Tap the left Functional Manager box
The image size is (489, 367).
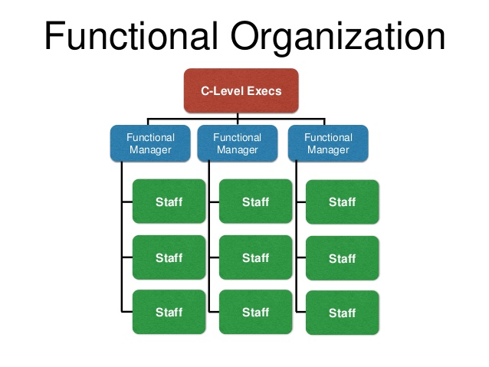pyautogui.click(x=151, y=143)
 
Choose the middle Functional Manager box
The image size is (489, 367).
pyautogui.click(x=237, y=143)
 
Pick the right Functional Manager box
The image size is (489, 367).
pyautogui.click(x=328, y=143)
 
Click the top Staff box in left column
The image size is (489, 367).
pyautogui.click(x=169, y=202)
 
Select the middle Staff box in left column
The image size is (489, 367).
pyautogui.click(x=169, y=257)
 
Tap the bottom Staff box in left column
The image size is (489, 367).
pyautogui.click(x=169, y=312)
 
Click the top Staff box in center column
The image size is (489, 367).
pyautogui.click(x=255, y=202)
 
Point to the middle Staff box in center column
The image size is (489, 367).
pyautogui.click(x=255, y=257)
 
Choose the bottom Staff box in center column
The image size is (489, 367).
pyautogui.click(x=255, y=312)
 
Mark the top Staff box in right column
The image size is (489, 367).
pyautogui.click(x=342, y=202)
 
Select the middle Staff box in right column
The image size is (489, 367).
pyautogui.click(x=342, y=258)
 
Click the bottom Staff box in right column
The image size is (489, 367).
pyautogui.click(x=342, y=313)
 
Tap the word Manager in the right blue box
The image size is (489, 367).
pyautogui.click(x=328, y=149)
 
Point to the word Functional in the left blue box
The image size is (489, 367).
pyautogui.click(x=151, y=138)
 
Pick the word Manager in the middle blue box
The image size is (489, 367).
pyautogui.click(x=237, y=149)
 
